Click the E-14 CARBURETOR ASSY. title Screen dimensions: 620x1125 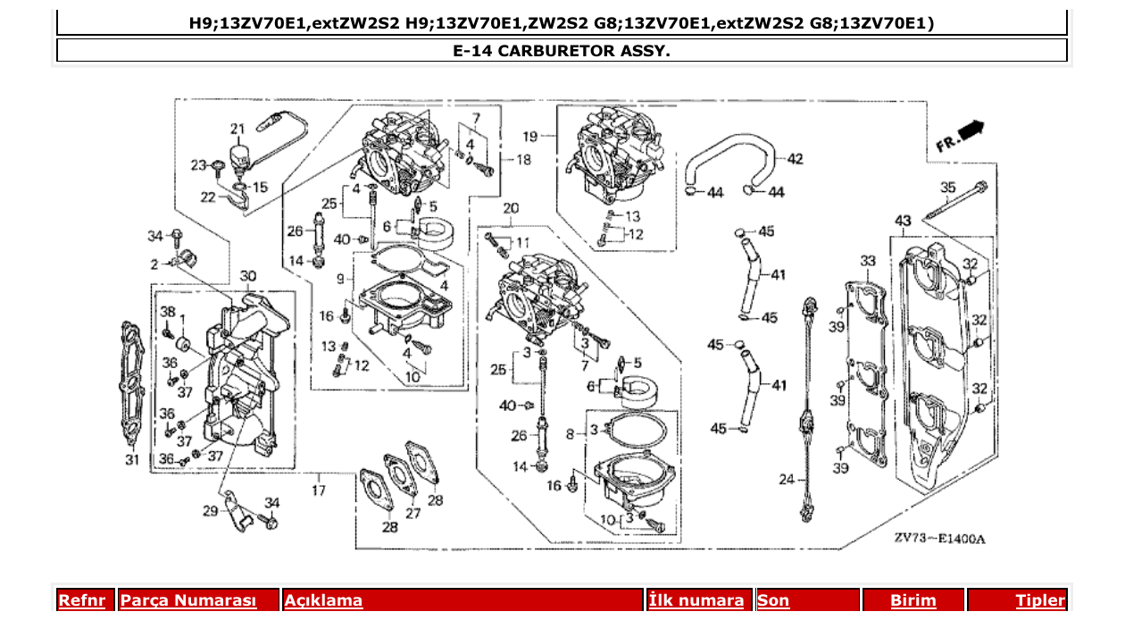pos(562,50)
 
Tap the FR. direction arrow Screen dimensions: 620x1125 pos(961,135)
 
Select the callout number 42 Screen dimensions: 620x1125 pos(795,159)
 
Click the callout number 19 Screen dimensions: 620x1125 pos(530,137)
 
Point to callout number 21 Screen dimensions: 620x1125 pos(237,128)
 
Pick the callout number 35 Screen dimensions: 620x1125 pos(947,188)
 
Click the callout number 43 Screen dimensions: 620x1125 pos(903,221)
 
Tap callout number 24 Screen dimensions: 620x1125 pos(786,480)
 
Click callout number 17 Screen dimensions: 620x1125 pos(319,490)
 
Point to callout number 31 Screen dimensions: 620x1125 pos(132,461)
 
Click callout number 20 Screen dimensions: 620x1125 pos(511,208)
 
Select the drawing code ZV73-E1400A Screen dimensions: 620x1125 pos(939,539)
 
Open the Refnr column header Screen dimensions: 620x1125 pos(81,600)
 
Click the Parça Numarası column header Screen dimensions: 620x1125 pos(188,600)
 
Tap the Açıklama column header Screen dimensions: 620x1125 pos(323,600)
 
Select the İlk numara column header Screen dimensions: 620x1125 pos(696,600)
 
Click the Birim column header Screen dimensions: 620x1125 pos(912,600)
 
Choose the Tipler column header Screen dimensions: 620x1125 pos(1039,600)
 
